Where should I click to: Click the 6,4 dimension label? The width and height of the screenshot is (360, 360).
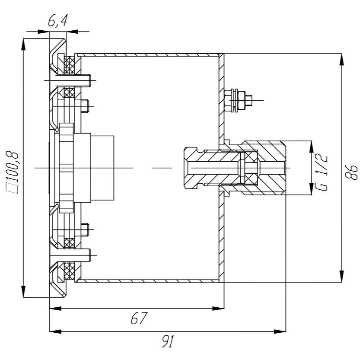(x=58, y=22)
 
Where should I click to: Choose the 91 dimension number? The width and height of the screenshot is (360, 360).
(x=168, y=342)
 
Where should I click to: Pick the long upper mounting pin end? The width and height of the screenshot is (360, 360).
(x=89, y=80)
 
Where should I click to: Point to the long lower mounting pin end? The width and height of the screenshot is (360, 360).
(x=89, y=255)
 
